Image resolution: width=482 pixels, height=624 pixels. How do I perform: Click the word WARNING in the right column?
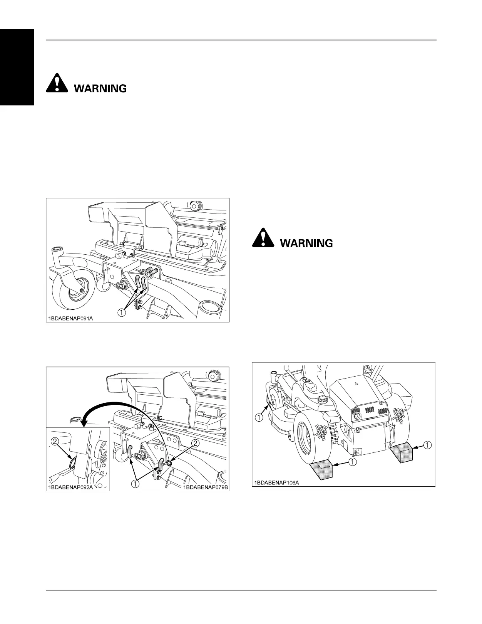tap(306, 243)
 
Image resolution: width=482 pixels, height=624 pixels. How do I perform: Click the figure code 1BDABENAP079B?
tap(206, 487)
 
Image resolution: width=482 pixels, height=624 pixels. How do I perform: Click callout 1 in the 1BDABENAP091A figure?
tap(121, 312)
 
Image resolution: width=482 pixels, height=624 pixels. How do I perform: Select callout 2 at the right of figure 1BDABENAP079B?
tap(196, 443)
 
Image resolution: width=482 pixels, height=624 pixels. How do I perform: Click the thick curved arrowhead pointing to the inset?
tap(82, 422)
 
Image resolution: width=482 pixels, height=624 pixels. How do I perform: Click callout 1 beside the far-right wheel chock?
tap(427, 445)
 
